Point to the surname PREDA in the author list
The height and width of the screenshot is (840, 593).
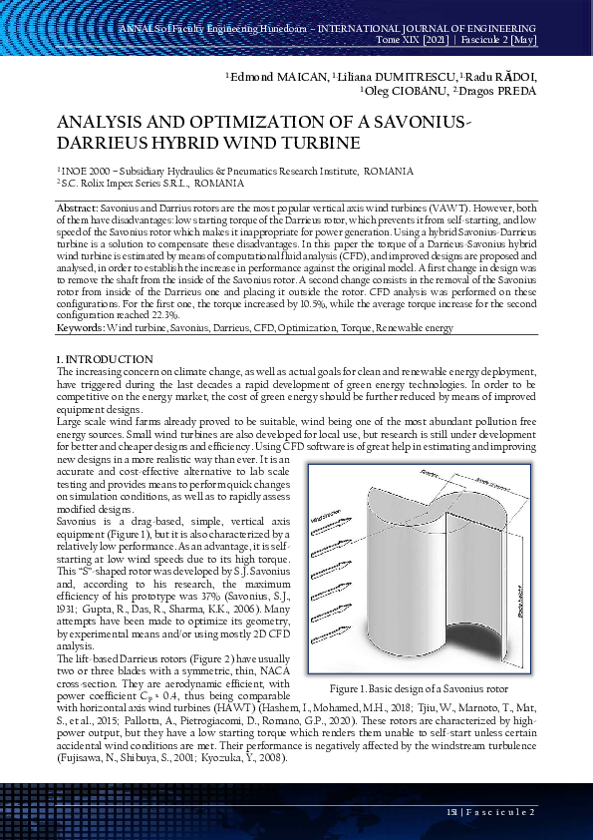[x=515, y=91]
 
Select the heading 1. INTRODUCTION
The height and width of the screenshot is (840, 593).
[x=106, y=359]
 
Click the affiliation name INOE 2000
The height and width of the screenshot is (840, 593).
[x=88, y=172]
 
